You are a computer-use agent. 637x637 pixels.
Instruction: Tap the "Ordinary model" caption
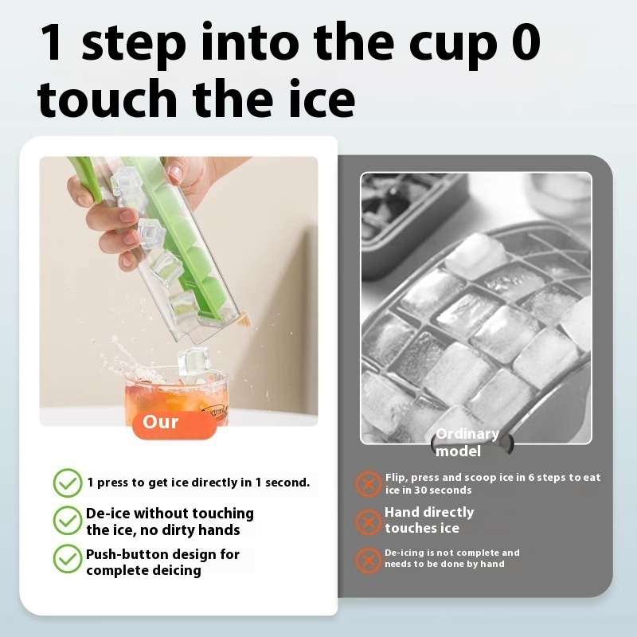(467, 443)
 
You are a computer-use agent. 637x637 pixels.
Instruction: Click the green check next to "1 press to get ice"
(68, 483)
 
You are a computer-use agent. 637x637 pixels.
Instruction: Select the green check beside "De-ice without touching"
(68, 521)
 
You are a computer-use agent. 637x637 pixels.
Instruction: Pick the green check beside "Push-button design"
(68, 559)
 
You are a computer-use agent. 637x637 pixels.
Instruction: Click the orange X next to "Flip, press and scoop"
(369, 484)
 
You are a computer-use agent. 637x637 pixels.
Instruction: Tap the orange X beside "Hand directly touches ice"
(369, 522)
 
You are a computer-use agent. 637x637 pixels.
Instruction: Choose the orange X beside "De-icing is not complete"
(369, 561)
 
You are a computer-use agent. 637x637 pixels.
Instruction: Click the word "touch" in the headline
(107, 98)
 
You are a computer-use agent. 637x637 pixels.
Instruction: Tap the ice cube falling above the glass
(193, 361)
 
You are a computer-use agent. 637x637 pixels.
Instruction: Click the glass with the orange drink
(177, 396)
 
